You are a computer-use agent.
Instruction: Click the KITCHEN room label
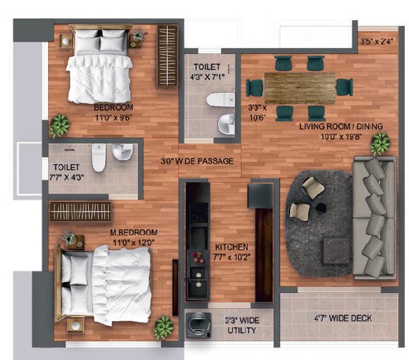click(231, 247)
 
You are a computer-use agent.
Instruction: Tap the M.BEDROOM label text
click(133, 232)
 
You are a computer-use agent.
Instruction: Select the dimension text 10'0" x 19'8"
click(341, 137)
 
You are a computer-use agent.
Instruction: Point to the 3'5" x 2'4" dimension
click(377, 41)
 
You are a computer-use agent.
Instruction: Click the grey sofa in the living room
click(375, 218)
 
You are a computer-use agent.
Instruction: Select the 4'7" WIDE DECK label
click(343, 318)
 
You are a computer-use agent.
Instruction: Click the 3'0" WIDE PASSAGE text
click(197, 161)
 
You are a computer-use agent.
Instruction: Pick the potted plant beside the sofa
click(380, 143)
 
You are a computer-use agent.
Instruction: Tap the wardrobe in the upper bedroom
click(167, 56)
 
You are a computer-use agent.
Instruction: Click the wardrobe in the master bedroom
click(80, 211)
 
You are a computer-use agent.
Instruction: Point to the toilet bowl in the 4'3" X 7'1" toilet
click(220, 100)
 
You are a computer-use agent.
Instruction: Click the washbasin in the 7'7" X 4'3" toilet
click(123, 152)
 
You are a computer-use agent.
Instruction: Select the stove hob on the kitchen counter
click(199, 212)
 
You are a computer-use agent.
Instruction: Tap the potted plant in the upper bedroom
click(59, 125)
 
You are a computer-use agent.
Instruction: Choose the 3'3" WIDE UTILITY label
click(242, 325)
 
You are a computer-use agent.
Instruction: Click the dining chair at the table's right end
click(344, 87)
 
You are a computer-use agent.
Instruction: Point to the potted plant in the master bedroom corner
click(163, 328)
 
